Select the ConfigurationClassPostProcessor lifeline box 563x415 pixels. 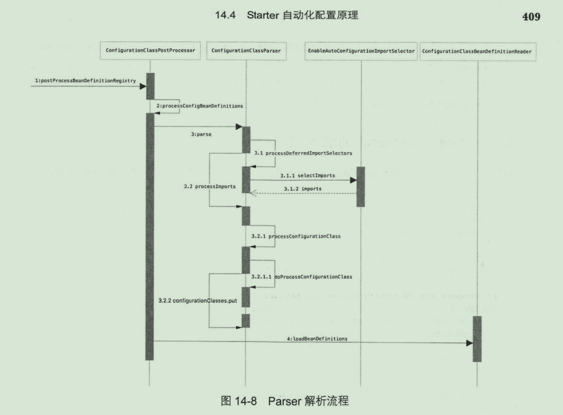click(x=149, y=51)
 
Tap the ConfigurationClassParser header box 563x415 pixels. click(x=246, y=51)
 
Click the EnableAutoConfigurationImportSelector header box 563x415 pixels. click(x=361, y=51)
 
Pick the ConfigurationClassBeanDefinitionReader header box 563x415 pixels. click(x=477, y=51)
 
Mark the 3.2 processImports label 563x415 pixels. click(x=209, y=187)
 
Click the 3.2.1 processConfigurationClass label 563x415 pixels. click(x=296, y=236)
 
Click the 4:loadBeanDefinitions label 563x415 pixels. click(x=317, y=339)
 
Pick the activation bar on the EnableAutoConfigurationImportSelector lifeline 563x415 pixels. click(x=361, y=187)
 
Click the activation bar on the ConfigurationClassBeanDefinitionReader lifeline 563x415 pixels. click(x=477, y=339)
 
